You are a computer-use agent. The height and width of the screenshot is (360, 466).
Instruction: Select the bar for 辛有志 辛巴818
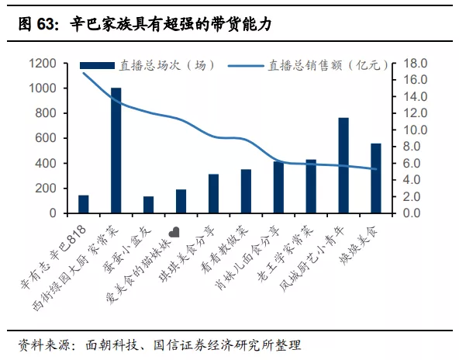pos(84,204)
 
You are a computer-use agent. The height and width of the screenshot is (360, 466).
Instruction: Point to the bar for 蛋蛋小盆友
pos(148,205)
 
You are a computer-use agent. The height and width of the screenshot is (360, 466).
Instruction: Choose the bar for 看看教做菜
pos(246,191)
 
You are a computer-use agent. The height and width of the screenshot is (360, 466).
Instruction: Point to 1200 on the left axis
pos(43,64)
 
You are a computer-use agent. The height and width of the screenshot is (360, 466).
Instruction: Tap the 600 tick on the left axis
pos(47,138)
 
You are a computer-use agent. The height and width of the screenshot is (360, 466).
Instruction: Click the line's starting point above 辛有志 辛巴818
pos(84,73)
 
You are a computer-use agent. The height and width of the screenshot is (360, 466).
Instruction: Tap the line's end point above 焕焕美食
pos(375,169)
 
